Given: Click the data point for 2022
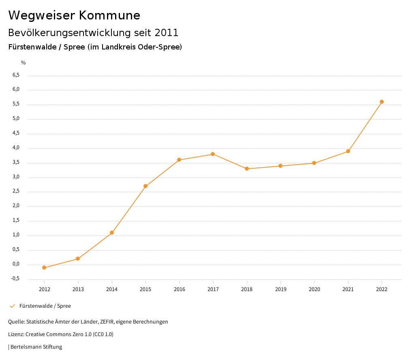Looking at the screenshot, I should [x=382, y=102].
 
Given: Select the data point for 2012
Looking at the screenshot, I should [x=44, y=268].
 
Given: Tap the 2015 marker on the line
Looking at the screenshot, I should [x=145, y=186].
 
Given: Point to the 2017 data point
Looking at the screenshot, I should [x=213, y=154].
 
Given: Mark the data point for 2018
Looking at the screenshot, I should [x=247, y=169].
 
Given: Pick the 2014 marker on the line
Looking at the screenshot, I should [x=112, y=233].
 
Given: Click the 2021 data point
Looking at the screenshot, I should [x=348, y=151].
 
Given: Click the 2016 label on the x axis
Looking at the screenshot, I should [x=179, y=289].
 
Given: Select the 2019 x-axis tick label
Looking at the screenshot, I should [x=280, y=289].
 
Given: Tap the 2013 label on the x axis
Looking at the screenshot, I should [x=78, y=289].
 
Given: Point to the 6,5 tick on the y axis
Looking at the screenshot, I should [x=16, y=75].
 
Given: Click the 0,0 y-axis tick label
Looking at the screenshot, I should [x=16, y=264].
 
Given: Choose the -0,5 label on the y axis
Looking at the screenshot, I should [x=15, y=279].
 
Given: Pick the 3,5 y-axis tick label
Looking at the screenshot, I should [x=16, y=163].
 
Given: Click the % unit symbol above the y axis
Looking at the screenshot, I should [x=24, y=62].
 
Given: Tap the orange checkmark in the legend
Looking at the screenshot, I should [x=12, y=306].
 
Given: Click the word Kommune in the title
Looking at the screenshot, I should [x=109, y=15].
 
